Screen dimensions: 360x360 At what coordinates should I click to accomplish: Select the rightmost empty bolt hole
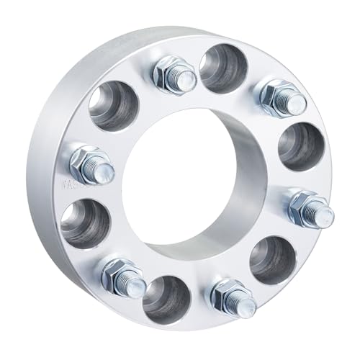[x=297, y=146]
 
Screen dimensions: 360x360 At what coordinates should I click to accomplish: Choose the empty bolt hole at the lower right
[x=273, y=258]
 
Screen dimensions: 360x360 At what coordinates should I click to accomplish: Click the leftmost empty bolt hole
[x=84, y=224]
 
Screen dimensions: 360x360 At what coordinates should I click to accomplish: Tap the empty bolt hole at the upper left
[x=114, y=107]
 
